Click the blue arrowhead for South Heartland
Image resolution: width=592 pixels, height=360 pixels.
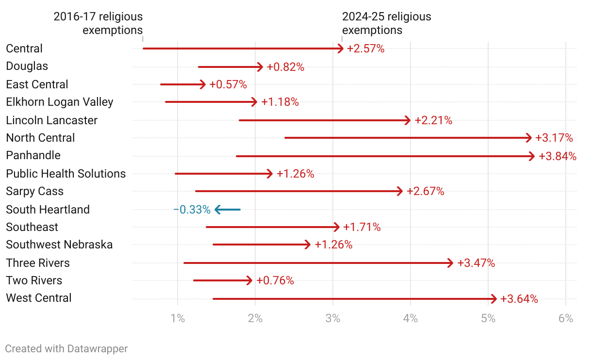click(218, 210)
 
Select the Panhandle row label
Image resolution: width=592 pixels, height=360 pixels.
click(33, 155)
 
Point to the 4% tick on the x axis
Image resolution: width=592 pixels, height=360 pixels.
click(411, 319)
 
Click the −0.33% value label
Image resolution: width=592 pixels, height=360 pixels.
click(192, 210)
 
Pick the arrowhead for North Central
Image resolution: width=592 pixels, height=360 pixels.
click(529, 138)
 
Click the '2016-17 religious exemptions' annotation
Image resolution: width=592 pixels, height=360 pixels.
click(98, 23)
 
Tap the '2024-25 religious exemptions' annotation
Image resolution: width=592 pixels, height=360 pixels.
click(386, 23)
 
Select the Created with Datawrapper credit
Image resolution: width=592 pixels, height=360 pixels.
click(66, 348)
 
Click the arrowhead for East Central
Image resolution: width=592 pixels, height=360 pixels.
click(203, 84)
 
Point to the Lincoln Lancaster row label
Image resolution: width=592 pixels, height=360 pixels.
click(52, 120)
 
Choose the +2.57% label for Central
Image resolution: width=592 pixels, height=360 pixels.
click(366, 49)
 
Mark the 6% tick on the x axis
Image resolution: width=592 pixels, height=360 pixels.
click(566, 319)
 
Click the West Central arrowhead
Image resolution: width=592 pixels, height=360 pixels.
click(494, 299)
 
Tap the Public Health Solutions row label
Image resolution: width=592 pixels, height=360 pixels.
click(66, 174)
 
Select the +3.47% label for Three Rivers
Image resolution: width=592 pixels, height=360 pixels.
click(476, 263)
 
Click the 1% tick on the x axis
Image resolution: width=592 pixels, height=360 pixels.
click(178, 319)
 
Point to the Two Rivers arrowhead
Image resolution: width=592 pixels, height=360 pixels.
click(249, 280)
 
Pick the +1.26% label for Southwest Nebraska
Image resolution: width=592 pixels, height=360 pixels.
click(333, 245)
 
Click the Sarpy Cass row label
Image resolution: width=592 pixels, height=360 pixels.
click(35, 191)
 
